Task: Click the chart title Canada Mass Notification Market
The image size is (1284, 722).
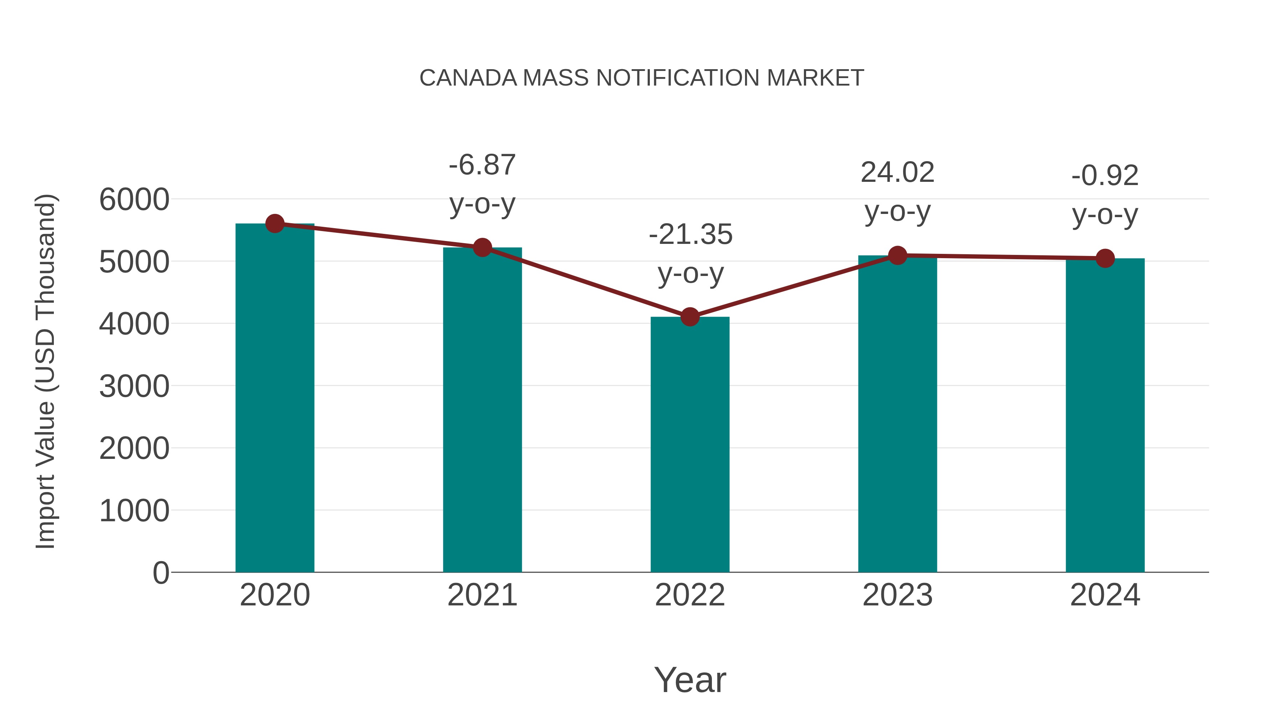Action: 642,78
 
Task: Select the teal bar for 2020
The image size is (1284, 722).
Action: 275,399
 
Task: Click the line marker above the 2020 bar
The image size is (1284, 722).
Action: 275,224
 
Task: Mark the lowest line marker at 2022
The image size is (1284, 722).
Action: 690,317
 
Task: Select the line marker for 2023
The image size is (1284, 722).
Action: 898,256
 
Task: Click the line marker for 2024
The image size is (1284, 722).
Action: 1105,258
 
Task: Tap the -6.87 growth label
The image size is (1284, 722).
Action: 482,165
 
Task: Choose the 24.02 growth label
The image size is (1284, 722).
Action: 897,173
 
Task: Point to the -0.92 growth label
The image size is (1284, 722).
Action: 1105,176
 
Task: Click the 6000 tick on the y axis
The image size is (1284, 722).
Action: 134,200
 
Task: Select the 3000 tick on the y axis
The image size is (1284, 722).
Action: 134,386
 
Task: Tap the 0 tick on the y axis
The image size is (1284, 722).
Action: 160,573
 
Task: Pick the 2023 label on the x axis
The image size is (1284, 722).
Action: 898,595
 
